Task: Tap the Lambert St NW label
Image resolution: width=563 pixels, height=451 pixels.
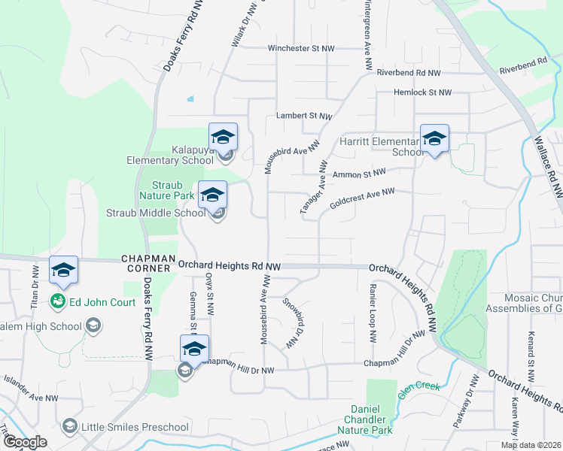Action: tap(304, 117)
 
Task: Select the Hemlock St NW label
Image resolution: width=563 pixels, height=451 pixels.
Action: tap(422, 92)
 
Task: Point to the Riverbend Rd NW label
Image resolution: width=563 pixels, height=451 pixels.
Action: tap(409, 73)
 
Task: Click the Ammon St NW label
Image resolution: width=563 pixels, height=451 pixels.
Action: tap(358, 174)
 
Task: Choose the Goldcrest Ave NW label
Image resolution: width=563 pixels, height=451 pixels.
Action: tap(362, 202)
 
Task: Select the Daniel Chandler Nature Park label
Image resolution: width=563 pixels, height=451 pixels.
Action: tap(368, 419)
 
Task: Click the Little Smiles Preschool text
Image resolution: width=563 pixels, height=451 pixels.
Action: tap(135, 428)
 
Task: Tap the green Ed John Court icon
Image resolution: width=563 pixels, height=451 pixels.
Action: tap(56, 301)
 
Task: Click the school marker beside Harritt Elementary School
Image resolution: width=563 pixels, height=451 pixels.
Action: tap(434, 139)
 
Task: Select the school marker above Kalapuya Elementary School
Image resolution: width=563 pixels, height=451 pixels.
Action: tap(223, 137)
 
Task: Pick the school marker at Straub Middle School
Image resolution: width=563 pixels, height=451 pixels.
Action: tap(212, 195)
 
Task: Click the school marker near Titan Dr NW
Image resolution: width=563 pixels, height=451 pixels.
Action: tap(63, 270)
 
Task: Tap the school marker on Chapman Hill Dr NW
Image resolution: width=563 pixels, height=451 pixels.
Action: tap(194, 349)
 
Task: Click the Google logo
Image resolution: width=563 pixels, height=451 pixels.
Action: tap(26, 442)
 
